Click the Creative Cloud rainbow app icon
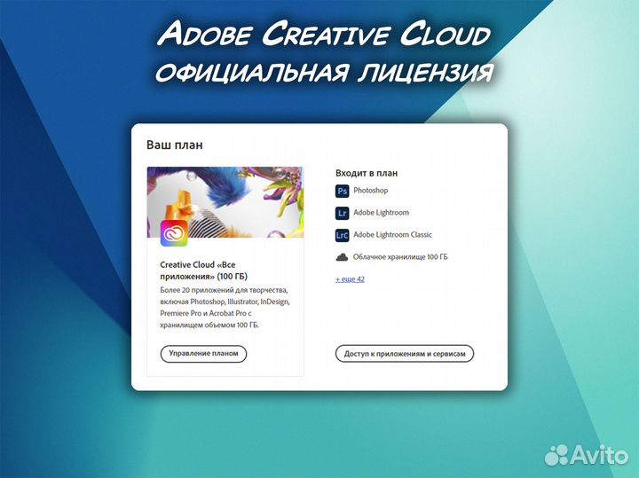(174, 233)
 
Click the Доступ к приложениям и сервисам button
(405, 354)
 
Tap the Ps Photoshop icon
(343, 191)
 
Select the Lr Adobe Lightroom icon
(343, 213)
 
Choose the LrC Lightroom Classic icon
(343, 235)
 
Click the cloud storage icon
(343, 257)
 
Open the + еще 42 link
(350, 279)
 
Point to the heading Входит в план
(367, 173)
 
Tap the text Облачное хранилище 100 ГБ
(400, 257)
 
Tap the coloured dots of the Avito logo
(559, 454)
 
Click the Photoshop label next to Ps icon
(370, 191)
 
